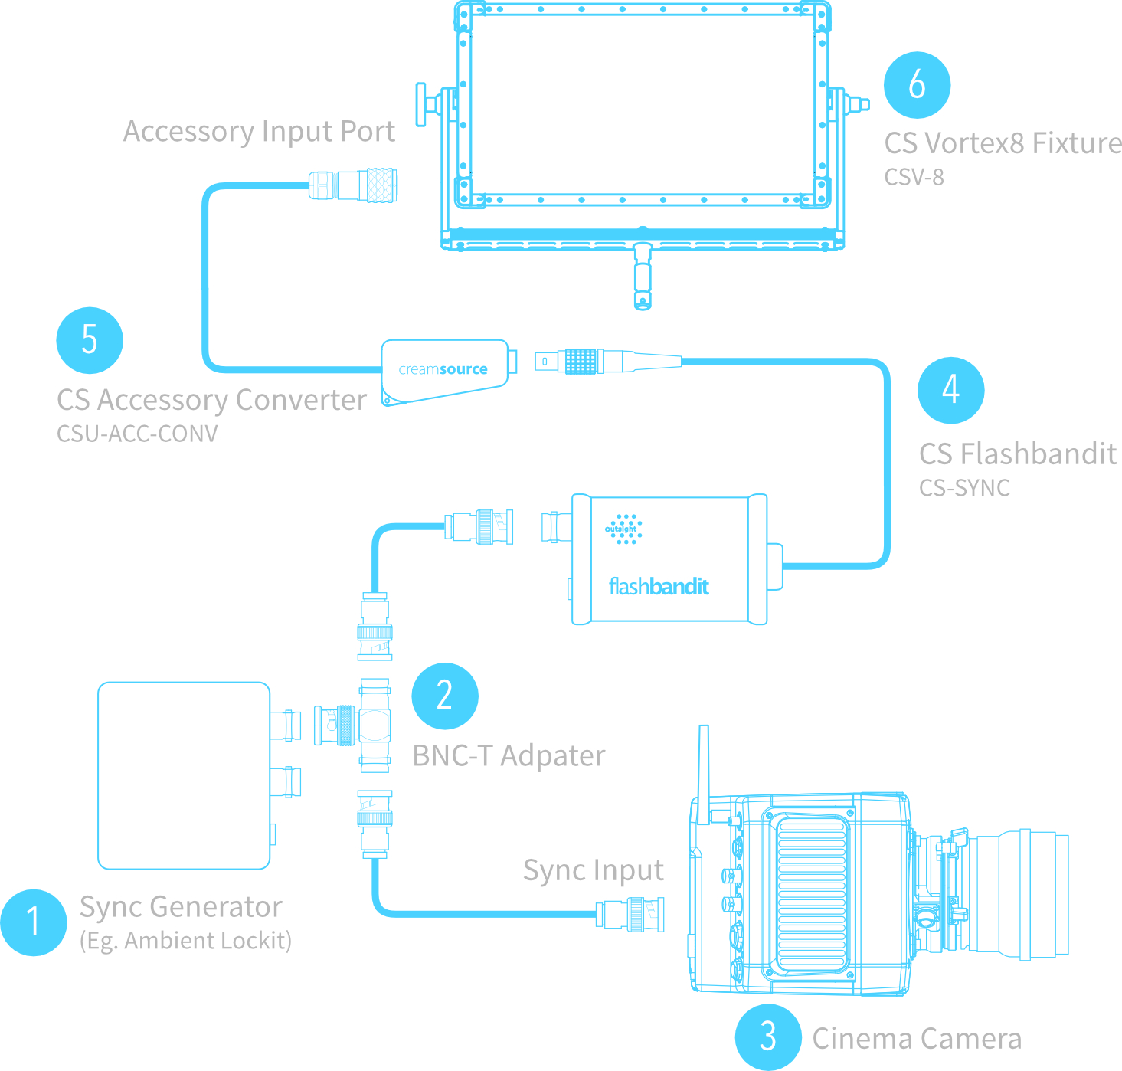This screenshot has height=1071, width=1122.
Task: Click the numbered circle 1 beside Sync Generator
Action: click(33, 922)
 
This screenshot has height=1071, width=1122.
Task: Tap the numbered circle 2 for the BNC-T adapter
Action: click(445, 696)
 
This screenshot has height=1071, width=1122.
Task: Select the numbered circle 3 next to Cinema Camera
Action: click(768, 1037)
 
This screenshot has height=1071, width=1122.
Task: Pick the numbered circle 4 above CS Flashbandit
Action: click(950, 390)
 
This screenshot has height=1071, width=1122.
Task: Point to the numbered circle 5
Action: click(90, 340)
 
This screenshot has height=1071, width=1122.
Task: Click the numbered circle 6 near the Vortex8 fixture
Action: click(917, 85)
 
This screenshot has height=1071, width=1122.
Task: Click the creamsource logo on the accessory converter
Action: click(443, 369)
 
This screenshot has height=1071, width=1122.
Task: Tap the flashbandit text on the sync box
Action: click(659, 587)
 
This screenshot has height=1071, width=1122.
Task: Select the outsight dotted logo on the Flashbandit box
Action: click(623, 529)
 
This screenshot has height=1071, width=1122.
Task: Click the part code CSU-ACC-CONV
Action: click(137, 434)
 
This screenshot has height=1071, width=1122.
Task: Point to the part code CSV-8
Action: click(914, 178)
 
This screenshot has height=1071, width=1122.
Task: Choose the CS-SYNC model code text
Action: click(964, 488)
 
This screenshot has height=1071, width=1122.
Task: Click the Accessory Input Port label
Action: click(259, 132)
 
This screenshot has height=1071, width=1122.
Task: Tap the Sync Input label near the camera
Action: click(593, 870)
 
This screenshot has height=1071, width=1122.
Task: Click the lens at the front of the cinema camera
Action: click(1019, 894)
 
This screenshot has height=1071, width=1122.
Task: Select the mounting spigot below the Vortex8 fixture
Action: click(643, 276)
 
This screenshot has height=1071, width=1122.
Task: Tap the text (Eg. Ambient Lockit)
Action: click(185, 941)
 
